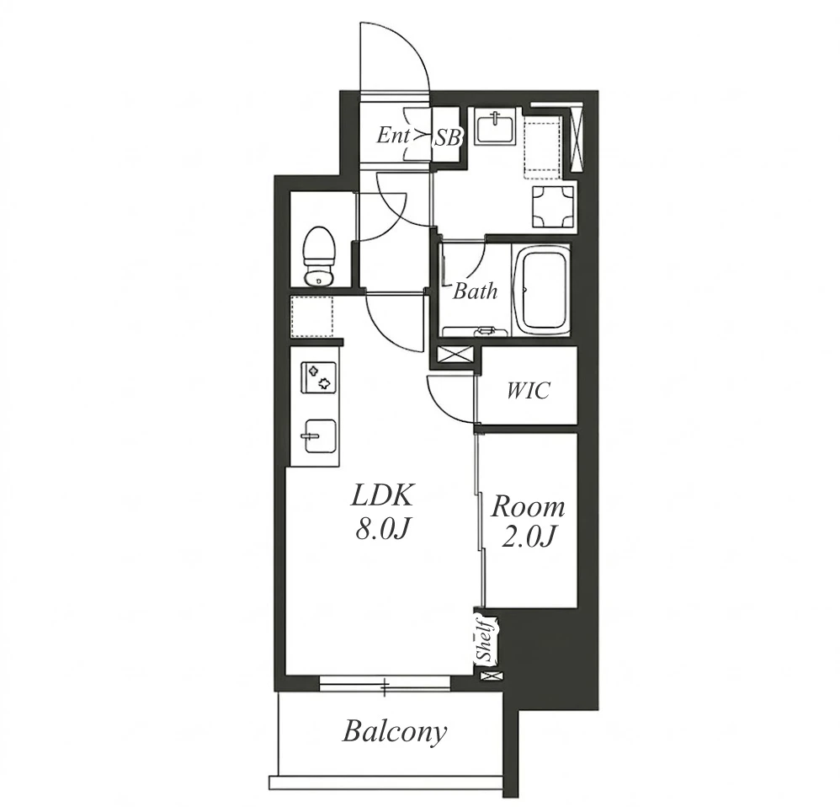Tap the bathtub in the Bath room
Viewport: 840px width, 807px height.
point(541,290)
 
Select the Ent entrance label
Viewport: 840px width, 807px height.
point(393,135)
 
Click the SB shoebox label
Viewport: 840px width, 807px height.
point(447,138)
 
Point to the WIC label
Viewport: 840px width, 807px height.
point(529,390)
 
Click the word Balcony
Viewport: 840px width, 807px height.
point(395,731)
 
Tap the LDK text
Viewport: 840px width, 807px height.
point(382,496)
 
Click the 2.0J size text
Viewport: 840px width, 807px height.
point(527,537)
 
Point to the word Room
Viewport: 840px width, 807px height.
point(529,507)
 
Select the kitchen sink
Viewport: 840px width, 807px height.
point(319,435)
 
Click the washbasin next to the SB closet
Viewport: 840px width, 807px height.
point(496,128)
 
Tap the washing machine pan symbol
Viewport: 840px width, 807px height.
point(553,207)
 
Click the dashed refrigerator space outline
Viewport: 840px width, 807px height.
point(311,317)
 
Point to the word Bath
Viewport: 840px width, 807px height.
point(475,291)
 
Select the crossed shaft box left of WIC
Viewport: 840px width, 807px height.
point(455,355)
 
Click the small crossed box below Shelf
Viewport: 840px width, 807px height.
point(492,676)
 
